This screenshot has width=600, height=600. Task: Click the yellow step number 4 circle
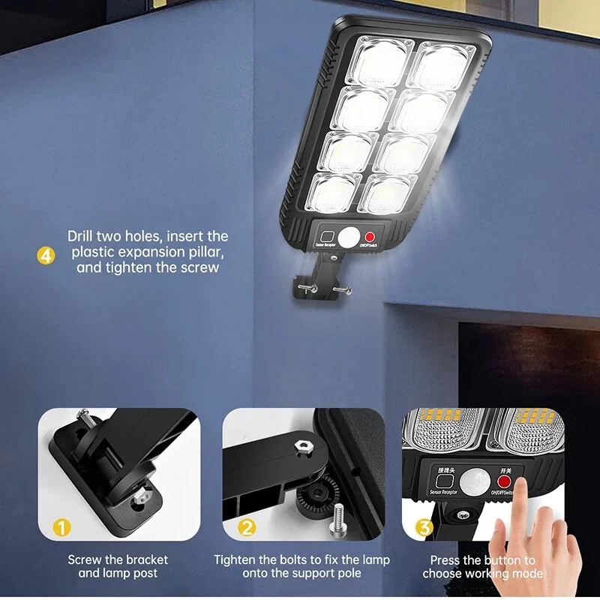(x=46, y=256)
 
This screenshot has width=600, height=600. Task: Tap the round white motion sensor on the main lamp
(x=349, y=238)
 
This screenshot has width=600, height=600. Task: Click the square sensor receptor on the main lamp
(x=327, y=235)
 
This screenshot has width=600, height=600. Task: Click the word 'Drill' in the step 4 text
(x=83, y=235)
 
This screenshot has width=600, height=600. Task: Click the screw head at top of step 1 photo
(x=84, y=414)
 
